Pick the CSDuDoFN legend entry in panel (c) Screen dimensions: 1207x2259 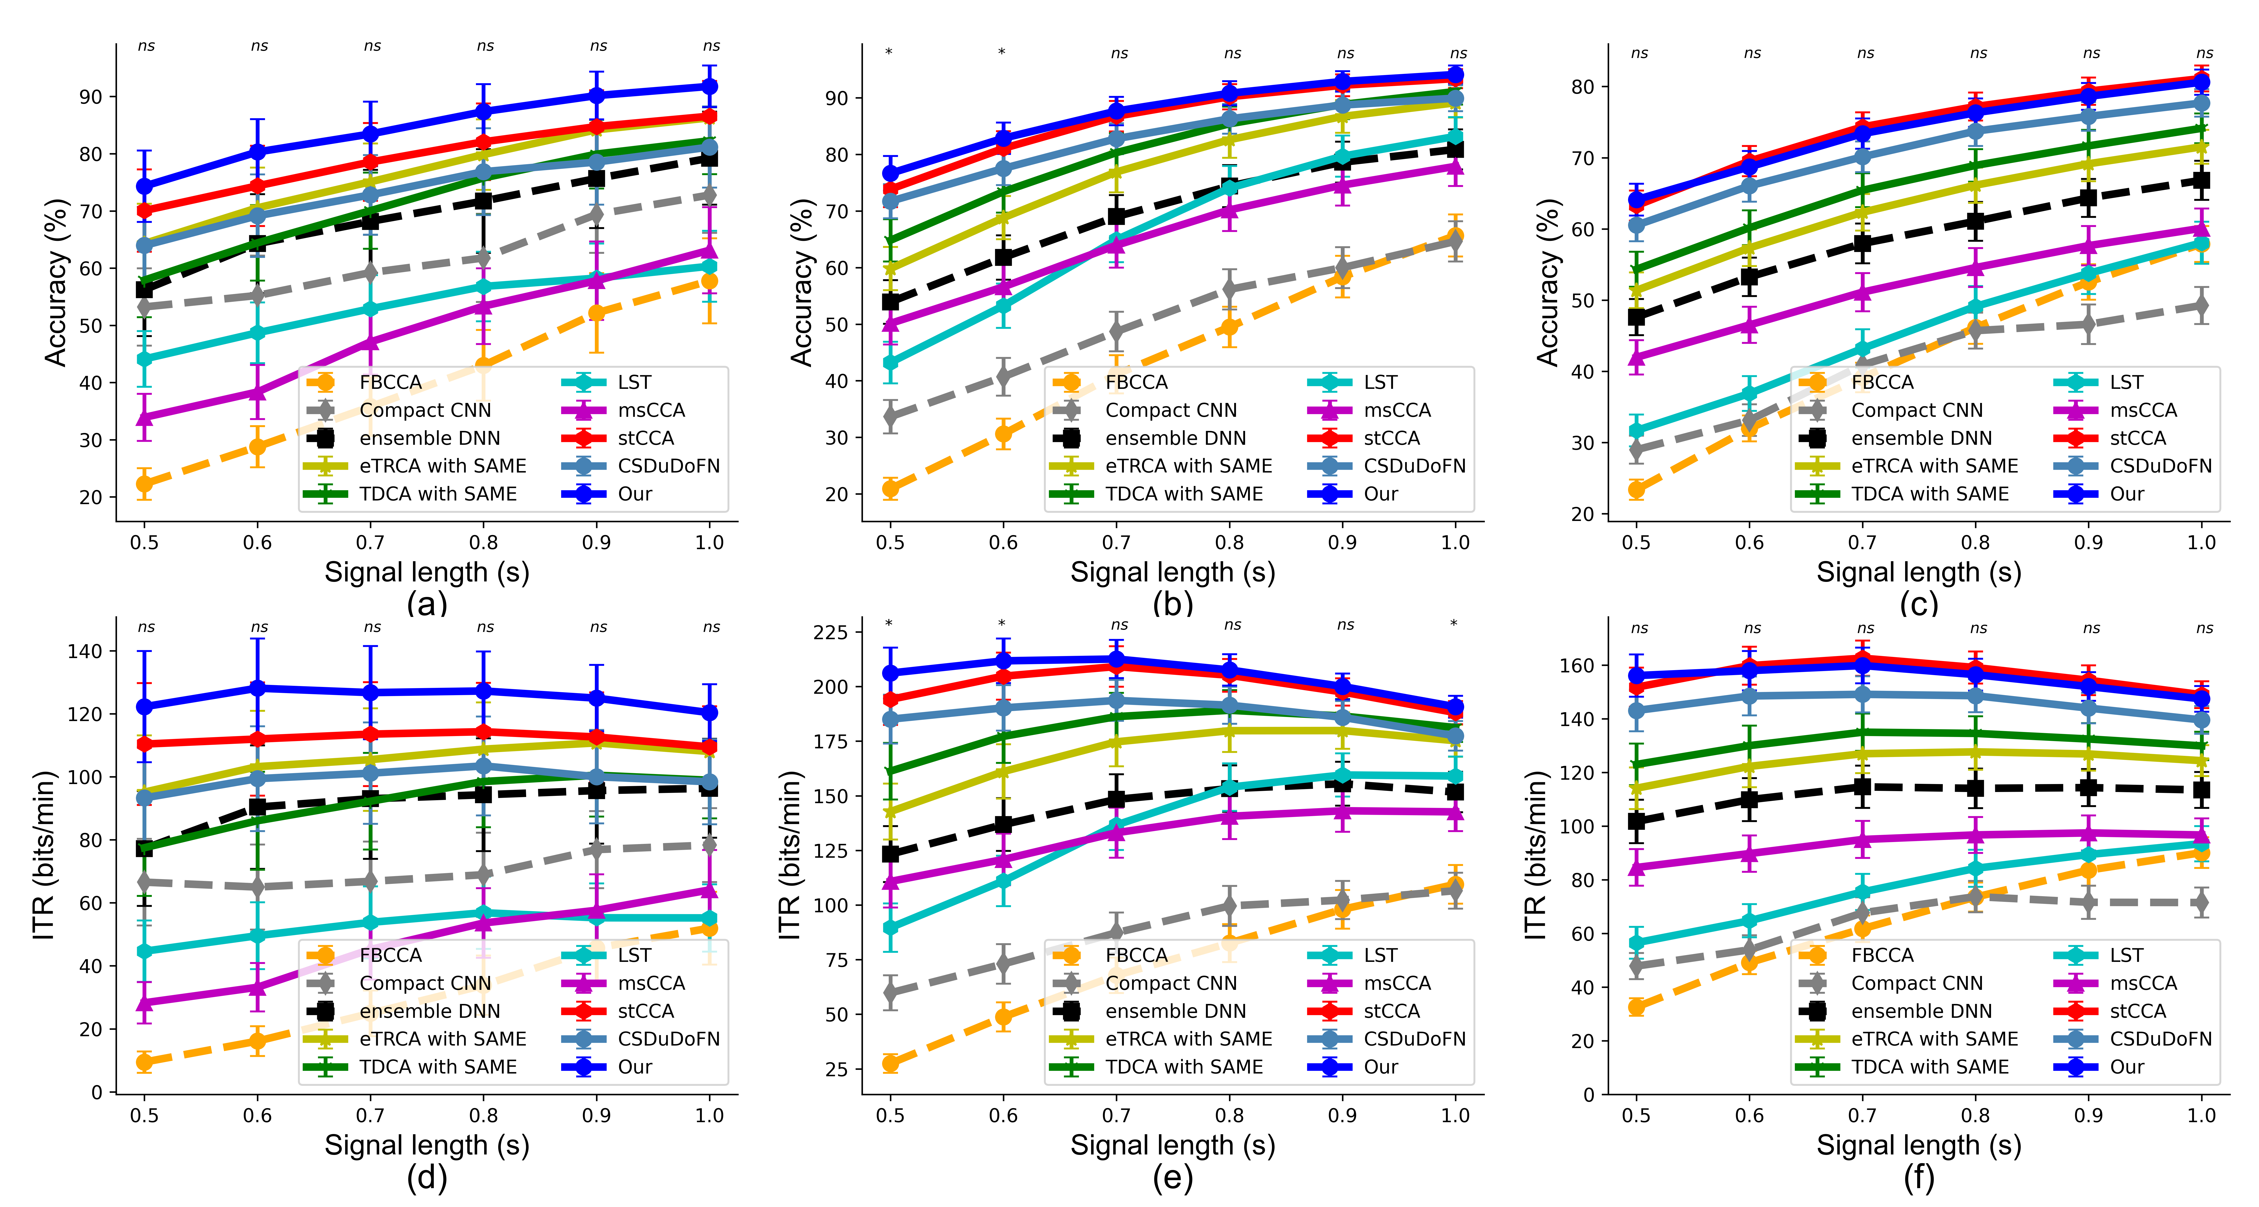pos(2160,466)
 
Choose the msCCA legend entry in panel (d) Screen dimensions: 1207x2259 pos(651,983)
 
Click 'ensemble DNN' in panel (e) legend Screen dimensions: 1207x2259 pos(1175,1011)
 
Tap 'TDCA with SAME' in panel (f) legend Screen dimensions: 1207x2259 pos(1929,1067)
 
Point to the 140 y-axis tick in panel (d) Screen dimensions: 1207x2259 pos(85,651)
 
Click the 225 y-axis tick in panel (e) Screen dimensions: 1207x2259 pos(831,631)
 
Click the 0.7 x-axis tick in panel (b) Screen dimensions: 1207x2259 pos(1116,543)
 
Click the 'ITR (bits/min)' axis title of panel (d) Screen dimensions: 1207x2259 pos(44,855)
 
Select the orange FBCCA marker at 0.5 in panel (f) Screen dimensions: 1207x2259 pos(1636,1007)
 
